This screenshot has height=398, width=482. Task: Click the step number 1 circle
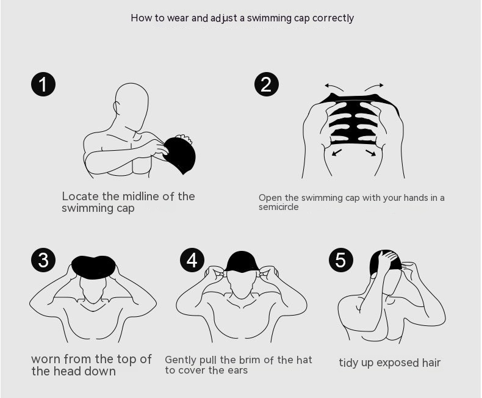43,84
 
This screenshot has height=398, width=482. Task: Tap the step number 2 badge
267,84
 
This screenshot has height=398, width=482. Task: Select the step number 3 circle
43,260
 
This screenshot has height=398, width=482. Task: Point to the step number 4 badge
192,260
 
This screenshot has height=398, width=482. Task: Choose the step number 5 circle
341,260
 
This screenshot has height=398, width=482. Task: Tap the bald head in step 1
132,103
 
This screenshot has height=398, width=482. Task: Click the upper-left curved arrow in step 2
334,87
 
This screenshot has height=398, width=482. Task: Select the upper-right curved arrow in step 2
374,87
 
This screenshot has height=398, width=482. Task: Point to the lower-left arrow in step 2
337,152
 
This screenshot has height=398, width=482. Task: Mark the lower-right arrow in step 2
371,153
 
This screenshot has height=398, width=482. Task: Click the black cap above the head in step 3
93,267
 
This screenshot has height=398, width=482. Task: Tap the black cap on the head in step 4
242,261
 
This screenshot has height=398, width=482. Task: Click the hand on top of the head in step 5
388,259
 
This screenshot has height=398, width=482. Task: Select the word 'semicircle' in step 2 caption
278,207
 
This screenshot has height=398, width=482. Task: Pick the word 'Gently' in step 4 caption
181,360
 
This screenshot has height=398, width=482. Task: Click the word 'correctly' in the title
333,18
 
